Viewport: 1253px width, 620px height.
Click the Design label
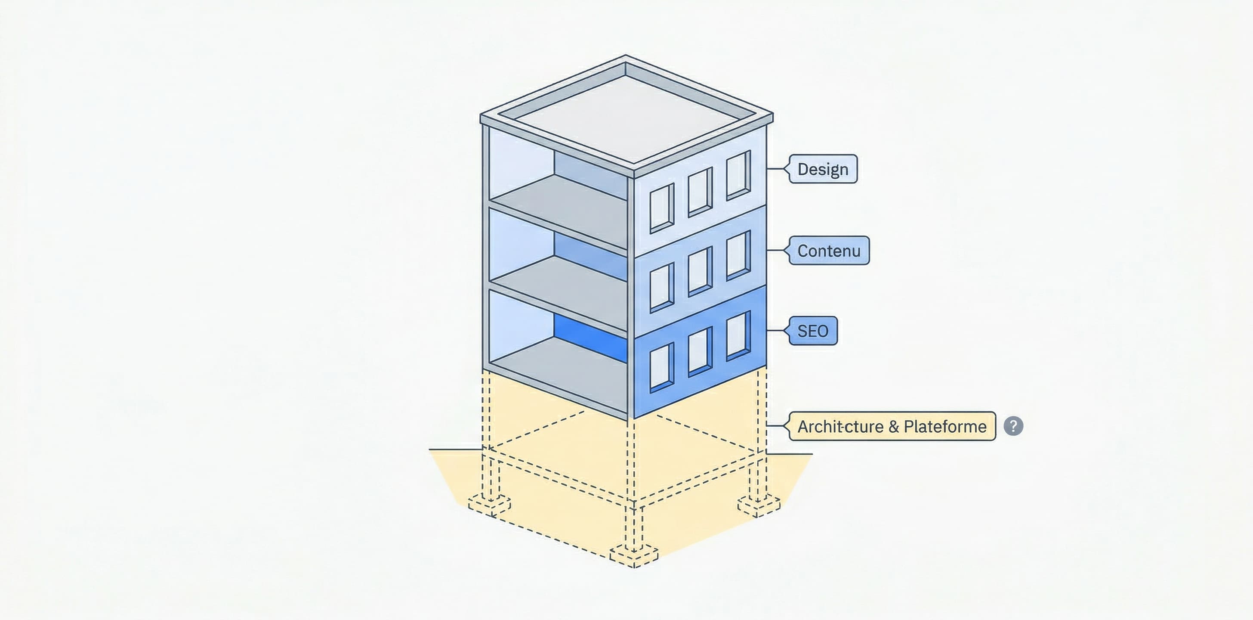coord(823,169)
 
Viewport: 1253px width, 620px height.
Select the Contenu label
coord(829,251)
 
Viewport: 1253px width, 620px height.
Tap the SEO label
coord(812,331)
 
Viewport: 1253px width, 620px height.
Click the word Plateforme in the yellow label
coord(944,426)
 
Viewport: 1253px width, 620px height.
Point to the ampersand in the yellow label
coord(894,426)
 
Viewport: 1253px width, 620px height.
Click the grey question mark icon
coord(1013,426)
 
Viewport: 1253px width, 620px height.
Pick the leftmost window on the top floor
coord(661,208)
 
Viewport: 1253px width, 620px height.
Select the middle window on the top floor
coord(700,192)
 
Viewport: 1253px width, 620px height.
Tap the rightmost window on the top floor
coord(738,175)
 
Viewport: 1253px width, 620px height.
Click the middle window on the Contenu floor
coord(700,272)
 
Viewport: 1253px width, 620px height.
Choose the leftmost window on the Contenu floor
coord(661,288)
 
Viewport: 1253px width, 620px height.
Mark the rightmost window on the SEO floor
coord(738,336)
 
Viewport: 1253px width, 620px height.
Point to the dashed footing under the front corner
coord(634,556)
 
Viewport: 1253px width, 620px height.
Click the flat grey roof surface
coord(627,117)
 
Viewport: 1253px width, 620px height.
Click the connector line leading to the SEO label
coord(776,330)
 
